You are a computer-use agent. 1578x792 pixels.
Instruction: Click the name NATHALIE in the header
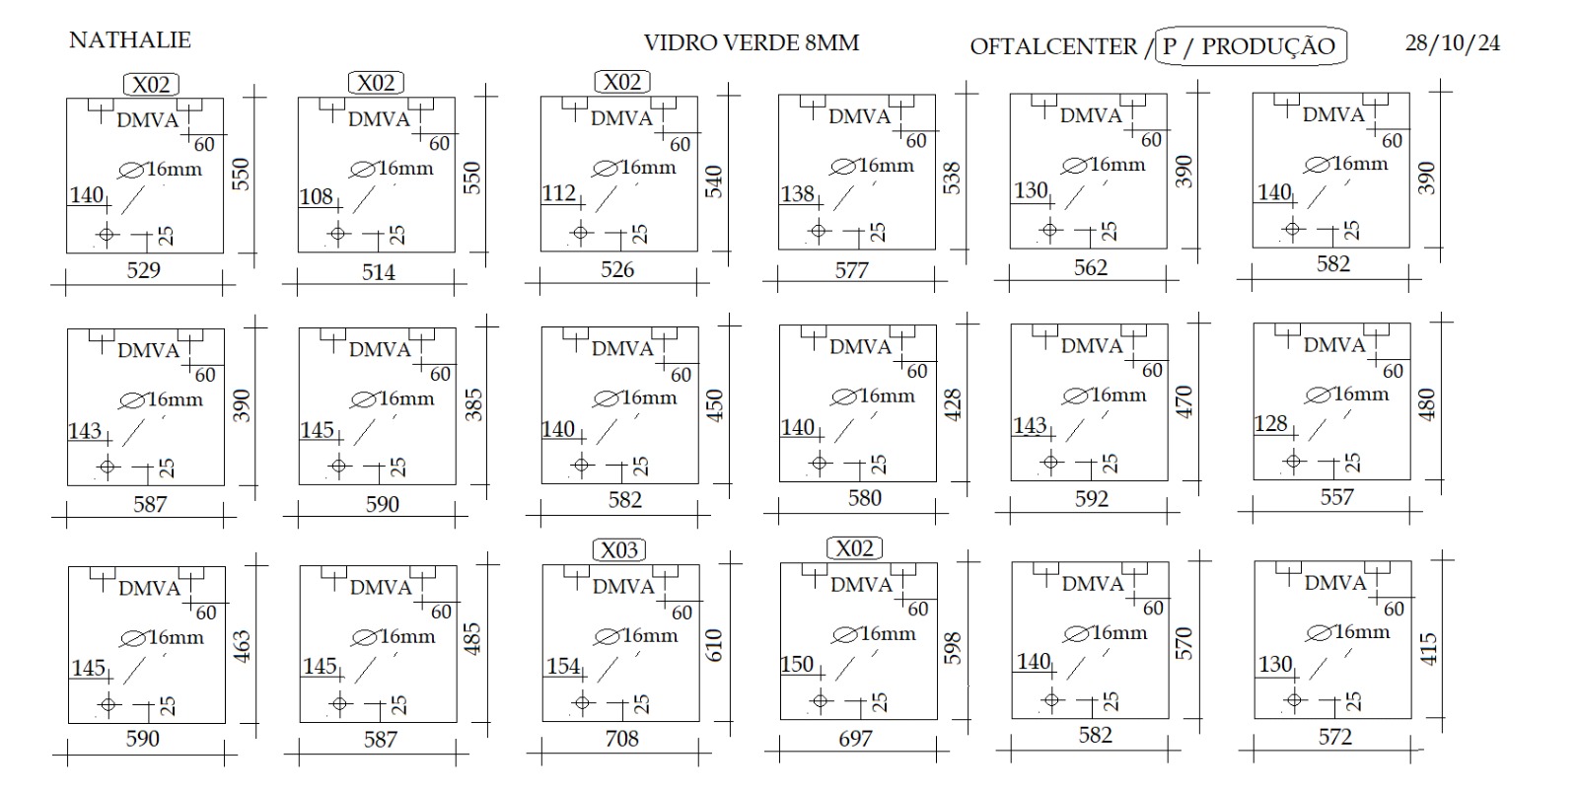[x=130, y=40]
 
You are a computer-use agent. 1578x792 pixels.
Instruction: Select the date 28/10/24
[x=1453, y=43]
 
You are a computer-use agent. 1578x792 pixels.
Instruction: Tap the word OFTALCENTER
[x=1053, y=46]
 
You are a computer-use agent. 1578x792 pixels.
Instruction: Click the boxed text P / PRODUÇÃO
[x=1249, y=46]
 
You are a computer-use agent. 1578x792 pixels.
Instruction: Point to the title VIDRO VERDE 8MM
[x=752, y=43]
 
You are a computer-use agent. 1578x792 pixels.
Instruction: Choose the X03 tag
[x=619, y=549]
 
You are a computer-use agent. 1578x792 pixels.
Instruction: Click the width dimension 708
[x=622, y=739]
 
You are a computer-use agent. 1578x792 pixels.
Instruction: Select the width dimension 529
[x=144, y=270]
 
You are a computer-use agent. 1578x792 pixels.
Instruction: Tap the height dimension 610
[x=714, y=645]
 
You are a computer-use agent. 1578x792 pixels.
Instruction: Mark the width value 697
[x=855, y=739]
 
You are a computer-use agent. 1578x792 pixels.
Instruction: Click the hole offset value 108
[x=317, y=196]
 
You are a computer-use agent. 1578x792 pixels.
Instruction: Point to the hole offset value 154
[x=563, y=666]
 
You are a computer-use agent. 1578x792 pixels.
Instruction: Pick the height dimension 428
[x=952, y=405]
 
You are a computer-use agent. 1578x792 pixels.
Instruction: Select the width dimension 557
[x=1337, y=497]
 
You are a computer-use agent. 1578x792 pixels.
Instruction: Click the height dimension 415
[x=1428, y=649]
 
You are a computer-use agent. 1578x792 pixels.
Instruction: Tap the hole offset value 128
[x=1271, y=423]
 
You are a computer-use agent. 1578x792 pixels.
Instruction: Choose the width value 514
[x=379, y=272]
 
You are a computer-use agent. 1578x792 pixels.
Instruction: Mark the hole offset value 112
[x=558, y=193]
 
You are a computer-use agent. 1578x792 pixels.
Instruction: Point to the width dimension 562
[x=1091, y=267]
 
